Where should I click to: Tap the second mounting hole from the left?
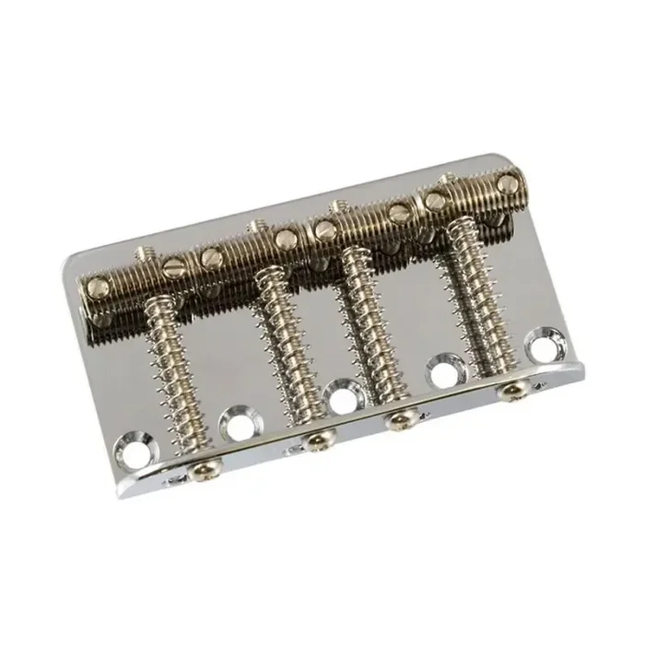tap(239, 426)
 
